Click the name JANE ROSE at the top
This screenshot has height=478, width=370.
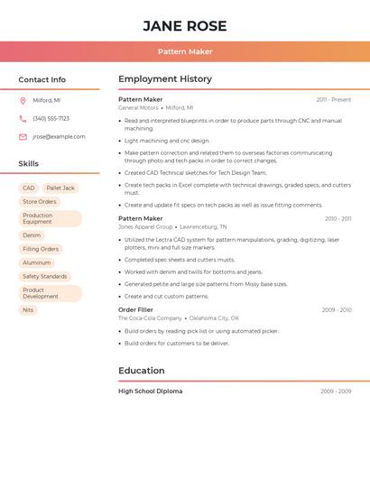pyautogui.click(x=184, y=26)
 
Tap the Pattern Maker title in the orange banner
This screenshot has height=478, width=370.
pyautogui.click(x=184, y=51)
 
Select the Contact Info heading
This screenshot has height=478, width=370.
pyautogui.click(x=42, y=79)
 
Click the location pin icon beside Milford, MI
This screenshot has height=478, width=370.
pyautogui.click(x=23, y=100)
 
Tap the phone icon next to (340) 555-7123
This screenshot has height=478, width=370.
pyautogui.click(x=23, y=118)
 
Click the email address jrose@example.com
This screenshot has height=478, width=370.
pyautogui.click(x=59, y=136)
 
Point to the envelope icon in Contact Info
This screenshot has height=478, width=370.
pyautogui.click(x=23, y=137)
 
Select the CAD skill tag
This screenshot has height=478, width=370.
pyautogui.click(x=28, y=188)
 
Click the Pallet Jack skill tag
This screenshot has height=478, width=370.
pyautogui.click(x=60, y=188)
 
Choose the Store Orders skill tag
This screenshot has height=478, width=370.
pyautogui.click(x=40, y=202)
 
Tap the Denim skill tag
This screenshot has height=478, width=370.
pyautogui.click(x=32, y=235)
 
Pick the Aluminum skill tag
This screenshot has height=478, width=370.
pyautogui.click(x=38, y=262)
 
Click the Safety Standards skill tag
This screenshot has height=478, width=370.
pyautogui.click(x=45, y=276)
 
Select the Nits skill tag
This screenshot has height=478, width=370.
pyautogui.click(x=28, y=309)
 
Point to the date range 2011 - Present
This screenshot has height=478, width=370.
pyautogui.click(x=333, y=99)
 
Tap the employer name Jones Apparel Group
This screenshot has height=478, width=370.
pyautogui.click(x=145, y=226)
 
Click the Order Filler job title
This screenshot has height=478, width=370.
pyautogui.click(x=136, y=309)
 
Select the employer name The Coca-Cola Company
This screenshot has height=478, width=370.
pyautogui.click(x=150, y=318)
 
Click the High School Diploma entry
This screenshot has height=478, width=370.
pyautogui.click(x=150, y=391)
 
